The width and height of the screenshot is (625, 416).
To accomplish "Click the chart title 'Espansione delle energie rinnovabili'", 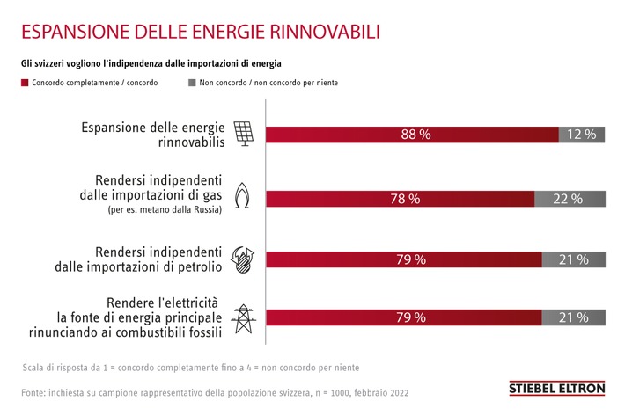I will tap(201, 33).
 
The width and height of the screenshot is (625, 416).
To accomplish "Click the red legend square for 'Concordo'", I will tap(24, 83).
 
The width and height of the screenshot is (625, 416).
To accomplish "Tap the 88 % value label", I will tap(415, 135).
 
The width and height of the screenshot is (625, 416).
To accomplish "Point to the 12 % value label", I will tap(581, 135).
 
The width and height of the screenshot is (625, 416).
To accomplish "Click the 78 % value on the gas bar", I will tap(405, 199).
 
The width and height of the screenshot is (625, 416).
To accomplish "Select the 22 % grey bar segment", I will tap(570, 199).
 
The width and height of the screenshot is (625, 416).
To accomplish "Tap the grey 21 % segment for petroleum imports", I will tap(573, 259).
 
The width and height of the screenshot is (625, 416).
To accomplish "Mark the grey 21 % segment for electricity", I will tap(573, 317).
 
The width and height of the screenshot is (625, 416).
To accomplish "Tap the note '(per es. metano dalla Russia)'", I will tap(164, 210).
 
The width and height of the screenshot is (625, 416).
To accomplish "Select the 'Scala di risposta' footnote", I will tap(189, 365).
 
